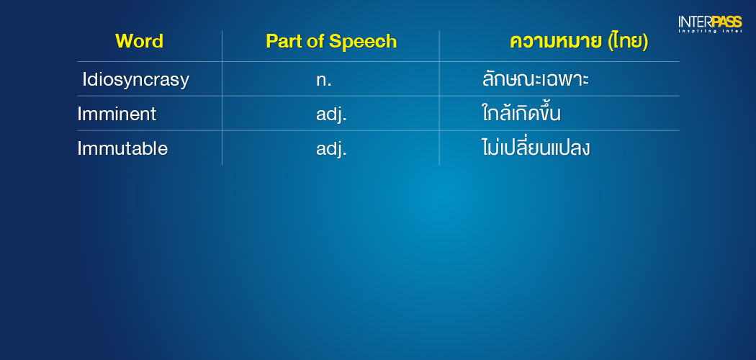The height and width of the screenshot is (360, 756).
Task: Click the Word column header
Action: click(140, 42)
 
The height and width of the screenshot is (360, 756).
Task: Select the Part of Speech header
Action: click(331, 42)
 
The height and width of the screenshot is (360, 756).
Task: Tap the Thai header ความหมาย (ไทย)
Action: click(579, 42)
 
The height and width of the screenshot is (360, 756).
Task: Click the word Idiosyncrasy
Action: click(135, 80)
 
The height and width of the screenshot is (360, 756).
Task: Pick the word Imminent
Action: click(117, 114)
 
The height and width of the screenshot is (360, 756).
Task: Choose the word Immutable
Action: click(122, 148)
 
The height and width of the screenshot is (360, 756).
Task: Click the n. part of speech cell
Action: click(324, 81)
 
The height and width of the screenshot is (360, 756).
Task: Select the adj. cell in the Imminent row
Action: click(331, 114)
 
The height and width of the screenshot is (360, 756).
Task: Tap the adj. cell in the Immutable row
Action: click(331, 149)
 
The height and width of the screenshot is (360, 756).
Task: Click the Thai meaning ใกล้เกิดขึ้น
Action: click(521, 113)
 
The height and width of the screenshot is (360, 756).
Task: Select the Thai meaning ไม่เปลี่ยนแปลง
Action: click(535, 147)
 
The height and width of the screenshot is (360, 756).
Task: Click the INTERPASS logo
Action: click(710, 24)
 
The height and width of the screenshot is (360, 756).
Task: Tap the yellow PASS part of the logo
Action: click(726, 22)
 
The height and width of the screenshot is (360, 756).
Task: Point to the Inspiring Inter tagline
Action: click(710, 32)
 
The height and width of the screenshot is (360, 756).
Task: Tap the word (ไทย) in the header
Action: click(629, 42)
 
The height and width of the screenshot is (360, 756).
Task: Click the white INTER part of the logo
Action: click(694, 22)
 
